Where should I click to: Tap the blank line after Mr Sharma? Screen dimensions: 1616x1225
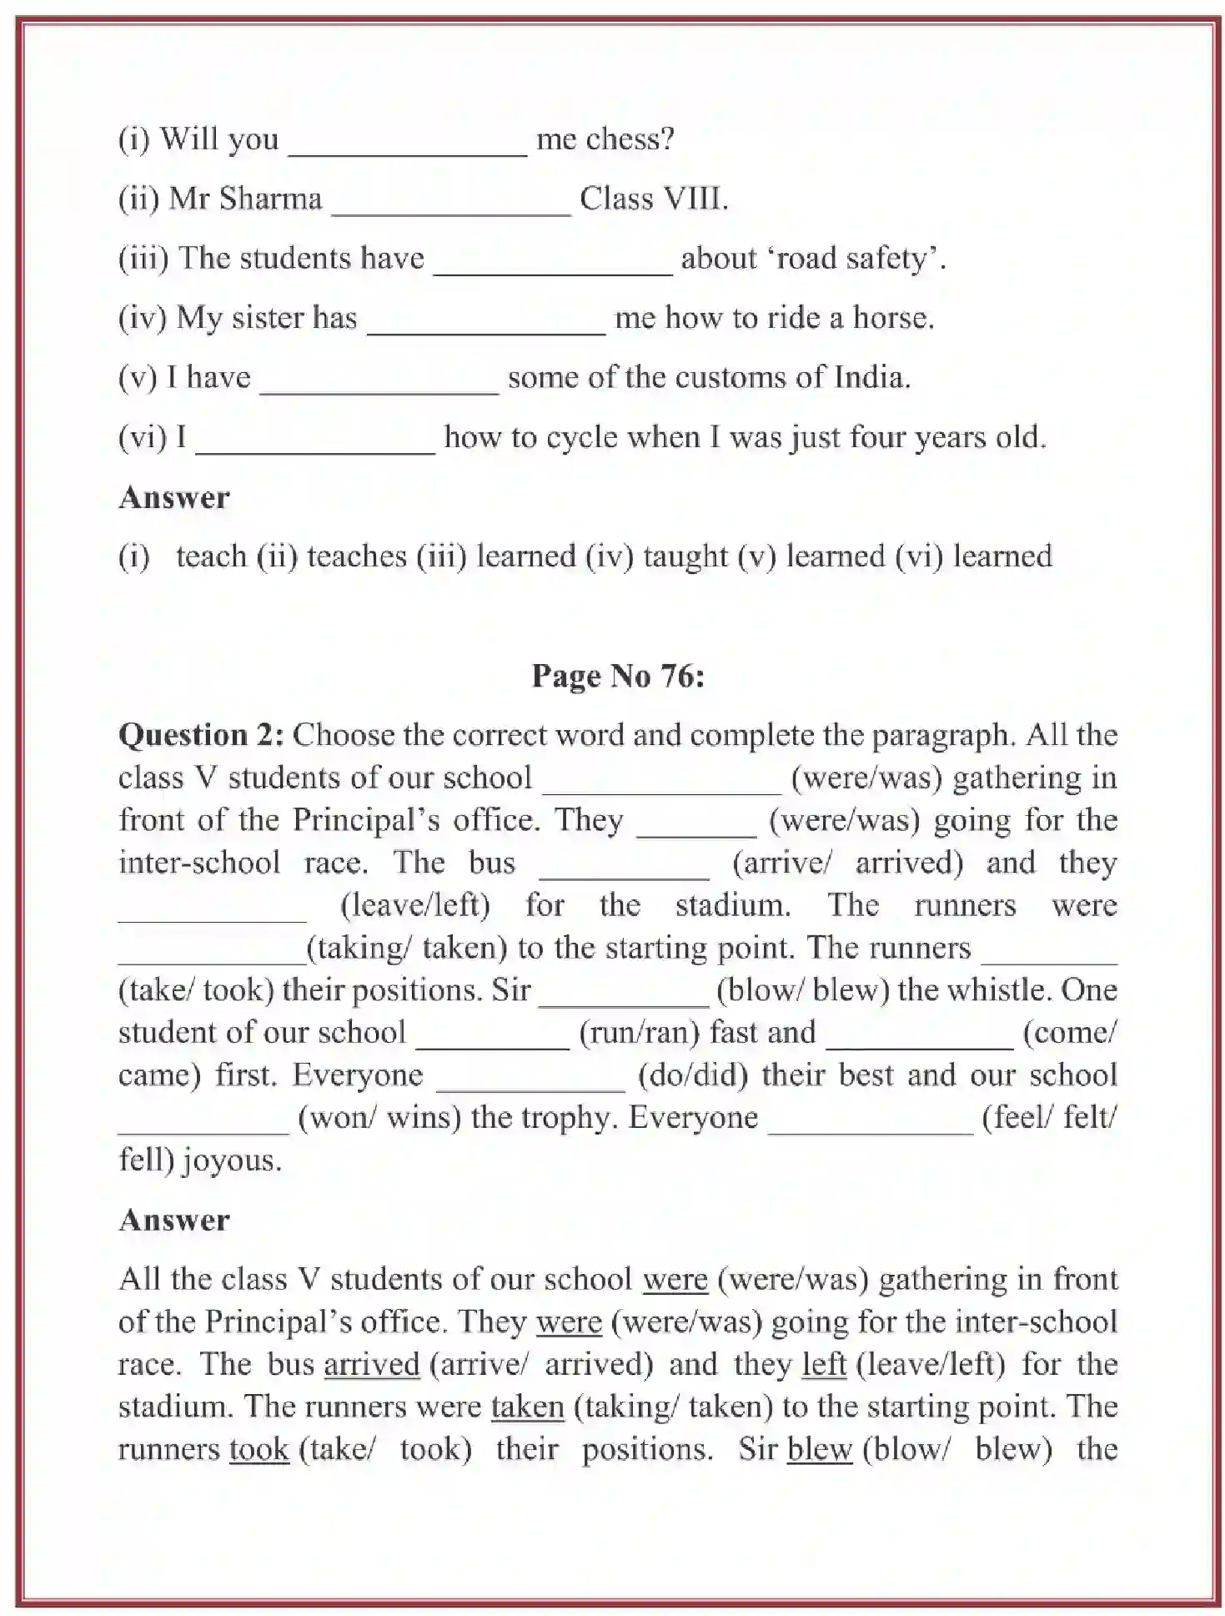coord(451,209)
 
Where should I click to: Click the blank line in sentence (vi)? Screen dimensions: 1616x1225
coord(315,446)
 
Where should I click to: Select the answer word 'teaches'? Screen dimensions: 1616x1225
coord(357,556)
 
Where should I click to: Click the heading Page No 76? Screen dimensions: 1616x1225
coord(618,676)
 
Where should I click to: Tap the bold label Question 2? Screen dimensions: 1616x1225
coord(201,735)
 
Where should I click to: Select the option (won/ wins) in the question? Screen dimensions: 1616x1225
coord(379,1118)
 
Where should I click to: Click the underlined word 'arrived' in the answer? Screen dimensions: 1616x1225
coord(371,1365)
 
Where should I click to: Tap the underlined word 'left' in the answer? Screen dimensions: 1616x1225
coord(824,1365)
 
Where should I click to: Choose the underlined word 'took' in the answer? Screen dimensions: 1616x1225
coord(259,1450)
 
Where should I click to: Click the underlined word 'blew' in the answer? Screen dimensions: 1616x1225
coord(819,1450)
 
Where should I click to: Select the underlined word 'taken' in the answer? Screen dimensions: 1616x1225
coord(527,1407)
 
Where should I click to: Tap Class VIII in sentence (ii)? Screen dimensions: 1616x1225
coord(653,199)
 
